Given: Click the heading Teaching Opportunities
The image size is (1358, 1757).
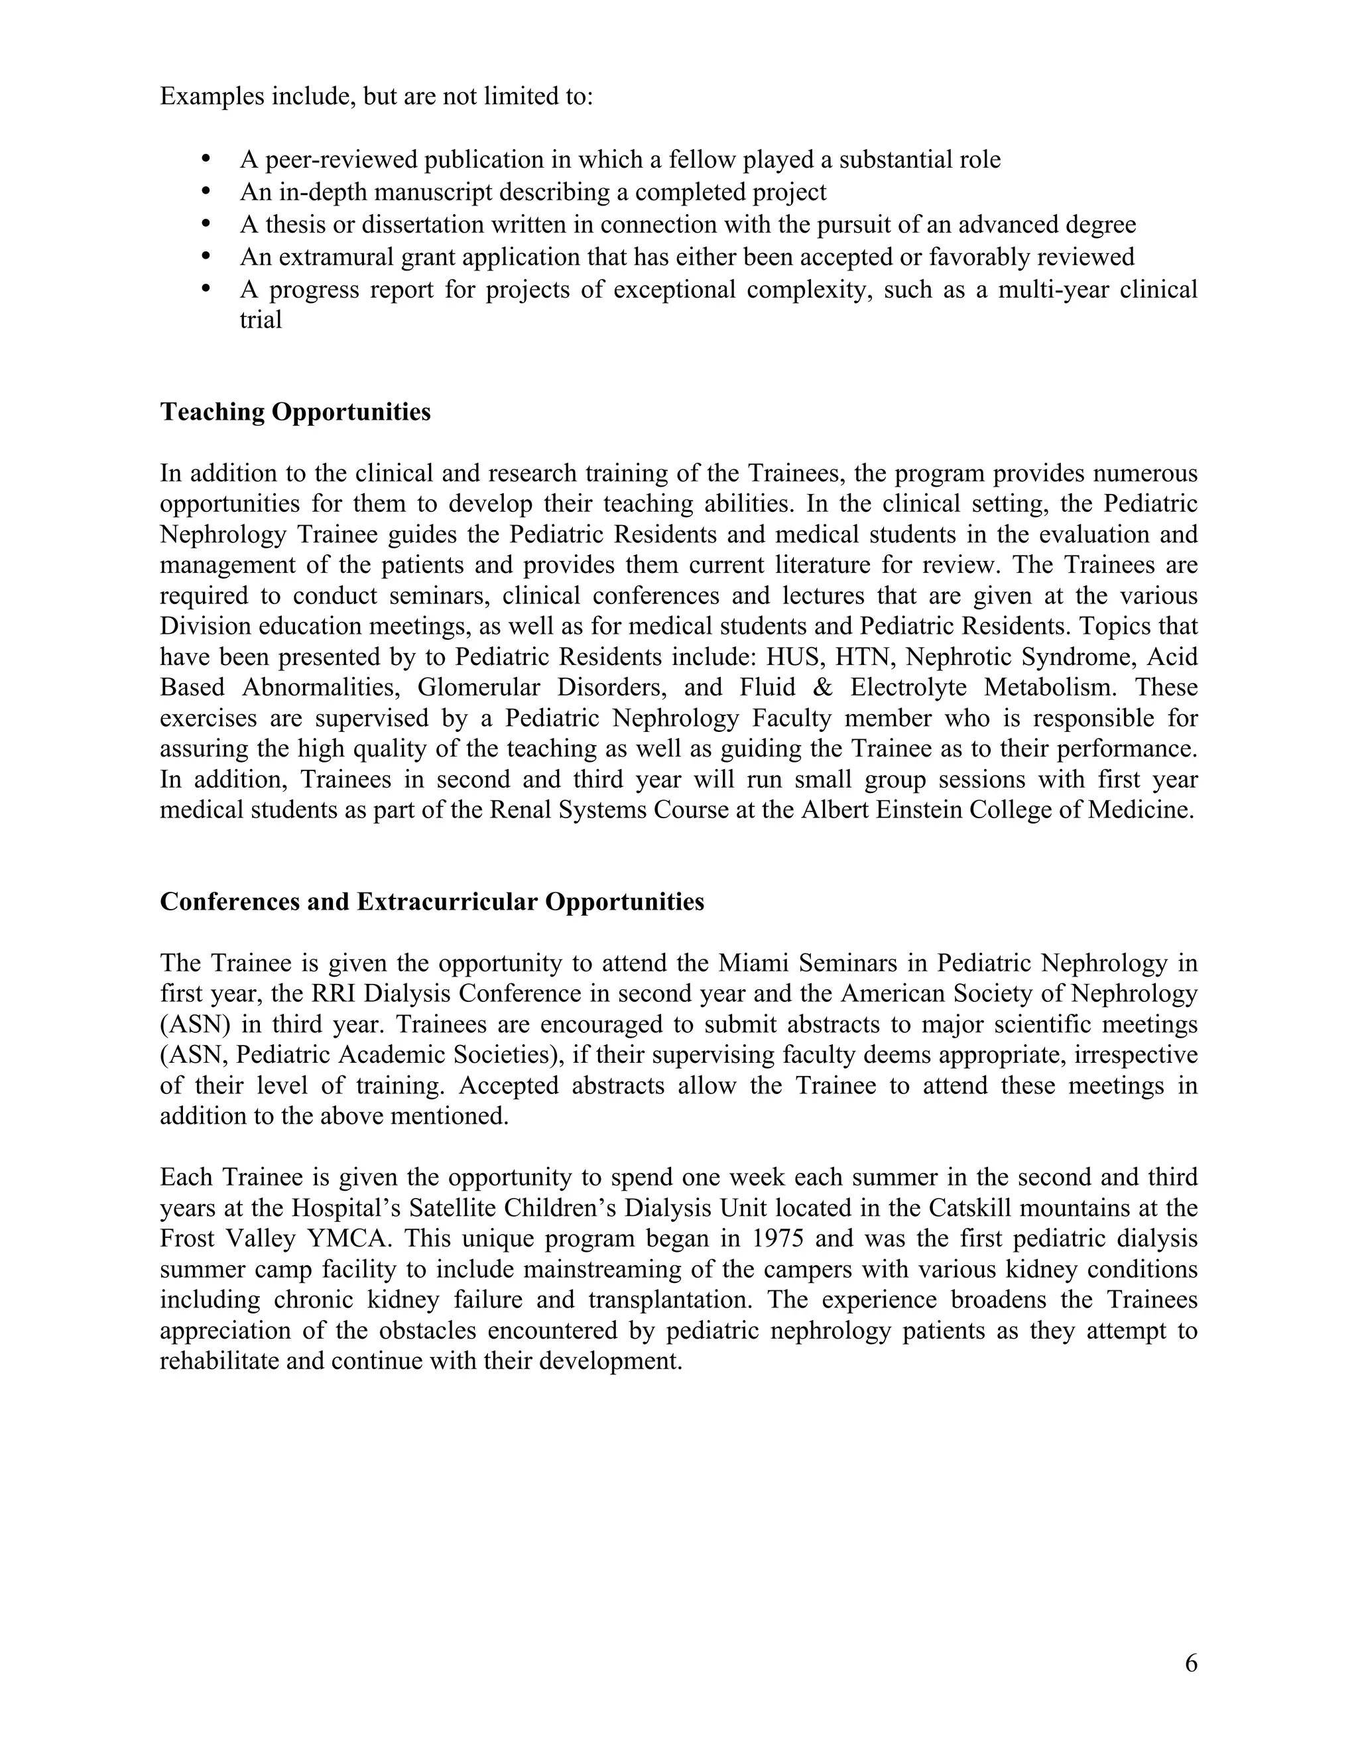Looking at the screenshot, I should tap(295, 412).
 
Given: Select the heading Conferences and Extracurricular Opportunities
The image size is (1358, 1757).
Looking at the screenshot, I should tap(432, 902).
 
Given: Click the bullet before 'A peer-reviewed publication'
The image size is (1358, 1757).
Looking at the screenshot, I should tap(207, 159).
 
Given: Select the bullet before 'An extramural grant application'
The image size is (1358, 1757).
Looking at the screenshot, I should tap(207, 257).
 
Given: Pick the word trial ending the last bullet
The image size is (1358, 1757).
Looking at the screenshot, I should tap(261, 320).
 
